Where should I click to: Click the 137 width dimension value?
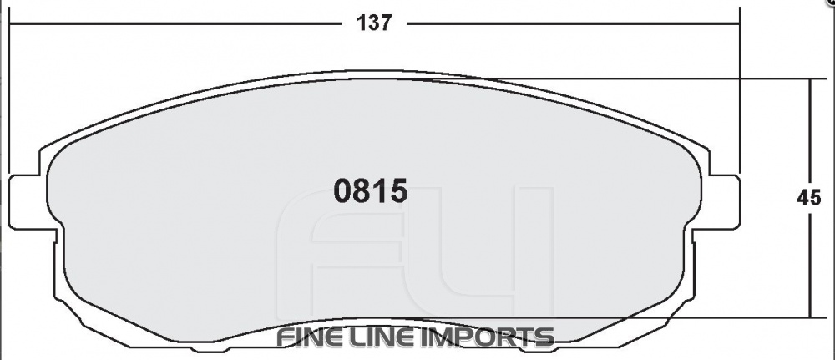[374, 23]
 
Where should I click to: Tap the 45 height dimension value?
[807, 199]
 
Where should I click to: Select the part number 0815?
[371, 192]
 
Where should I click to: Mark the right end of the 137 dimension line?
[740, 23]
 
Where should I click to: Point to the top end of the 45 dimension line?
[809, 80]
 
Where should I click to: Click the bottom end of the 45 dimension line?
[809, 317]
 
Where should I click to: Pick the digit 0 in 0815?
[342, 192]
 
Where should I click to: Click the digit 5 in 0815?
[398, 192]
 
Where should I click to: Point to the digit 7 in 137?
[386, 23]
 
